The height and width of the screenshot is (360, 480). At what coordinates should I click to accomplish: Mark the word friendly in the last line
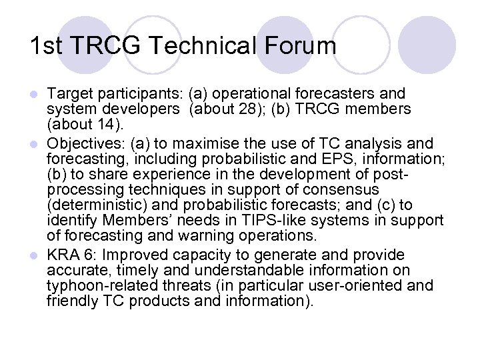[x=73, y=301]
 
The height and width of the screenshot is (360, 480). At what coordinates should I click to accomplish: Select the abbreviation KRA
[x=64, y=255]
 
